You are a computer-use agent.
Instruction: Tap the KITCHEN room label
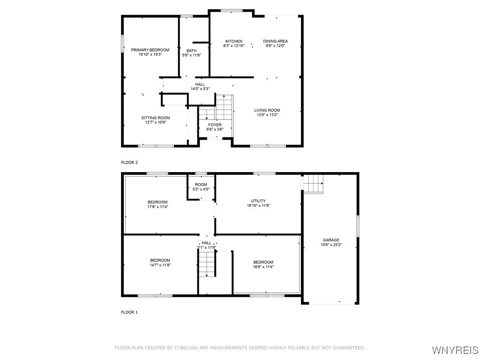(233, 41)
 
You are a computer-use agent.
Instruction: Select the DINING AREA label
(275, 41)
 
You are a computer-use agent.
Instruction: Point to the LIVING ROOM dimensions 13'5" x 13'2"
(267, 115)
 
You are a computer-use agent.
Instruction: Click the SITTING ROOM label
(156, 118)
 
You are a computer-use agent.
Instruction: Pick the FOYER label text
(215, 125)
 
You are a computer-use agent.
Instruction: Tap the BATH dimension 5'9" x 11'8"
(191, 55)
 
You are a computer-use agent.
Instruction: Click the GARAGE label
(330, 240)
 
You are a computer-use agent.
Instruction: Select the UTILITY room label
(258, 201)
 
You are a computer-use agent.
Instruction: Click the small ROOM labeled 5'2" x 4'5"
(201, 185)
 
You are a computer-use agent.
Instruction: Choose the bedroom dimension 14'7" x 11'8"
(160, 265)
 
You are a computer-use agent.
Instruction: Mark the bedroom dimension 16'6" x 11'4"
(263, 267)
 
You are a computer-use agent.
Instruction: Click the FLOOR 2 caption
(129, 162)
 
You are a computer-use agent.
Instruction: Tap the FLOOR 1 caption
(129, 312)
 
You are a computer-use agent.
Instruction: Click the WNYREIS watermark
(454, 350)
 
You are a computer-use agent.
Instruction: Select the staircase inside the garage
(314, 183)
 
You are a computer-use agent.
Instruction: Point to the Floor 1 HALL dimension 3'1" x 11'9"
(206, 247)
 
